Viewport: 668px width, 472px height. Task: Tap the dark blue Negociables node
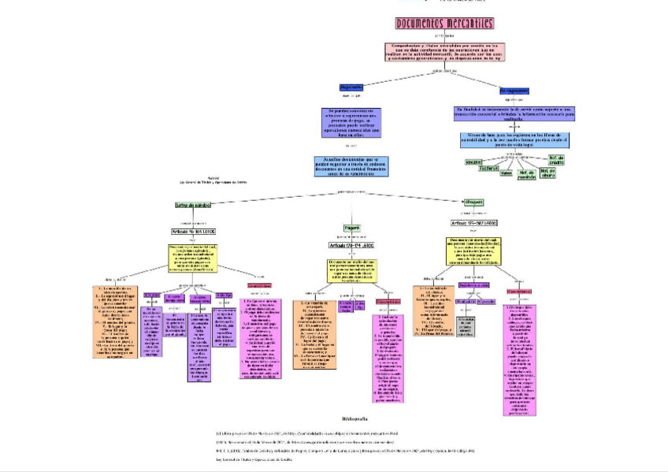point(351,87)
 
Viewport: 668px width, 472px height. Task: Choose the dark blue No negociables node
point(514,91)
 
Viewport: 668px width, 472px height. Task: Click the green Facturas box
point(488,169)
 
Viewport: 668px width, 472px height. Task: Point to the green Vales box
point(507,173)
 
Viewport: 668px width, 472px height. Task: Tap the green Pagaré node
point(352,228)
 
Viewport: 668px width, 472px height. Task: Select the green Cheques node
point(473,203)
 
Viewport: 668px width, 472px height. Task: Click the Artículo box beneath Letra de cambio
point(194,232)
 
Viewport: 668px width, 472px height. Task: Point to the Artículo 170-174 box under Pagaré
point(352,246)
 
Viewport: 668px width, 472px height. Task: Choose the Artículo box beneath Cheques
point(473,223)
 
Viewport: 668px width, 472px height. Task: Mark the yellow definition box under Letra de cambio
point(194,258)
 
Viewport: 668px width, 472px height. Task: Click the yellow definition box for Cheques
point(475,250)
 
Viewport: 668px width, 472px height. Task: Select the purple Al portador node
point(486,301)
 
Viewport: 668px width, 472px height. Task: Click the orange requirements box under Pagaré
point(314,334)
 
